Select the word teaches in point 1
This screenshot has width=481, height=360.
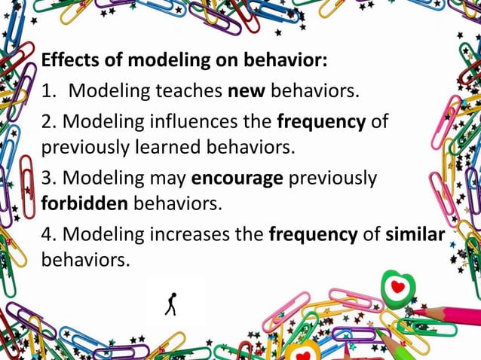187,92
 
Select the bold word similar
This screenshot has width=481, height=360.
415,235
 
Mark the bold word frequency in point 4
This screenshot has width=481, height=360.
313,235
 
